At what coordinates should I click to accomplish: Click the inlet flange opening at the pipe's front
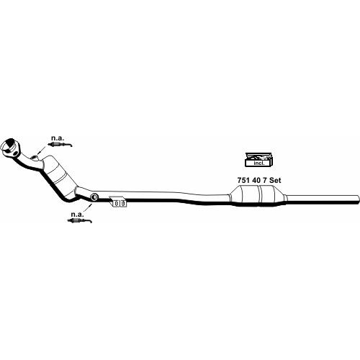[x=9, y=145]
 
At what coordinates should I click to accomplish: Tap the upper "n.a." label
[x=58, y=138]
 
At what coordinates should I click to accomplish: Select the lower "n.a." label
[x=77, y=215]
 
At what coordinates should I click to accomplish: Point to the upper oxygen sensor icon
[x=60, y=145]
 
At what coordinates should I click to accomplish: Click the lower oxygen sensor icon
[x=80, y=221]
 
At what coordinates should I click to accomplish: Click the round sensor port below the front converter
[x=94, y=197]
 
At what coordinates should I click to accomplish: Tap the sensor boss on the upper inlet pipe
[x=35, y=158]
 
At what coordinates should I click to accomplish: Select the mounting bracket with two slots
[x=118, y=202]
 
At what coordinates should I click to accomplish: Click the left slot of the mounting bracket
[x=117, y=203]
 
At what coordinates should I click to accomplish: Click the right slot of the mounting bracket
[x=122, y=203]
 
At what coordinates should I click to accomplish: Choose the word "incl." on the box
[x=259, y=163]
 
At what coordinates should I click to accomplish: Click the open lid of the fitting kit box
[x=258, y=155]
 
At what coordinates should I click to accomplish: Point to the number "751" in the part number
[x=243, y=180]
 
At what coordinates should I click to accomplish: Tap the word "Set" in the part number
[x=275, y=180]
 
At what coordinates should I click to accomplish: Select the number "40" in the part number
[x=256, y=180]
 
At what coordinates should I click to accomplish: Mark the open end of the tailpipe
[x=358, y=199]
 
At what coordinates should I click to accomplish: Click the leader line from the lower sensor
[x=88, y=208]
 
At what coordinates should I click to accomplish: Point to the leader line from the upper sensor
[x=42, y=150]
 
